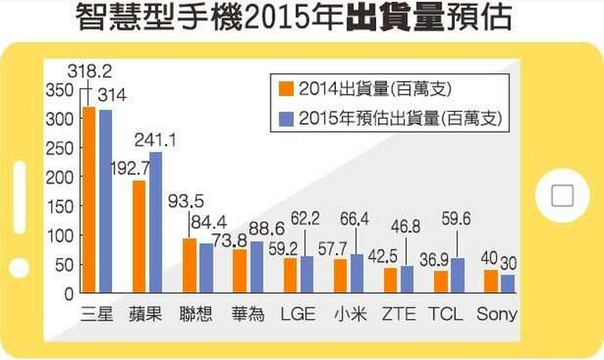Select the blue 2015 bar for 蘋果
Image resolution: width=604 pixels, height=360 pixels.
click(x=155, y=222)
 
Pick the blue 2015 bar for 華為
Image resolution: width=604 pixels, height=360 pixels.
click(x=256, y=267)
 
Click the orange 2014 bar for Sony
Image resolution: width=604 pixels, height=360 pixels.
click(x=491, y=280)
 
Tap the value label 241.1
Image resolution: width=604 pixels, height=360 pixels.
click(x=155, y=139)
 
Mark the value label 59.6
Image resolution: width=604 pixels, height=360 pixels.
click(x=457, y=218)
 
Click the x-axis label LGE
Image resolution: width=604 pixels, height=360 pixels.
click(x=298, y=314)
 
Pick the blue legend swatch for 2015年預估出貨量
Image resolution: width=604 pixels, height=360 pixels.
click(x=286, y=117)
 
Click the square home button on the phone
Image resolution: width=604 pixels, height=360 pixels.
click(x=562, y=196)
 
